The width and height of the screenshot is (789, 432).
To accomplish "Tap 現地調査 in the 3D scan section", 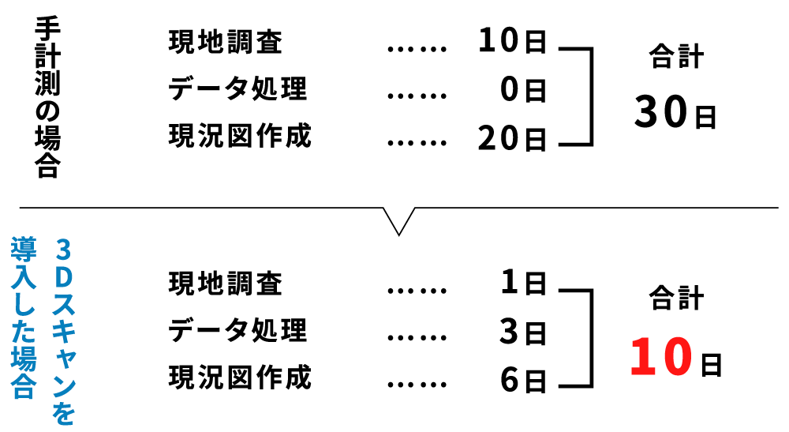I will click(x=225, y=283).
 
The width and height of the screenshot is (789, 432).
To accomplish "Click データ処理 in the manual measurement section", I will click(x=237, y=89).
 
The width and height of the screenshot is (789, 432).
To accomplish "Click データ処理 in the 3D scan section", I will click(x=237, y=330).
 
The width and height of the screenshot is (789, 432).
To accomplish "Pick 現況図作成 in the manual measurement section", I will click(x=240, y=136).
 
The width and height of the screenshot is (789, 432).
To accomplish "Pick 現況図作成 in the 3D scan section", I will click(x=240, y=378).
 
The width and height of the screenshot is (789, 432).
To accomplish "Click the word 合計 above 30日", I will click(x=675, y=58).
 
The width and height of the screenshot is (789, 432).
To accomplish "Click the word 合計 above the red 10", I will click(x=675, y=299).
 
